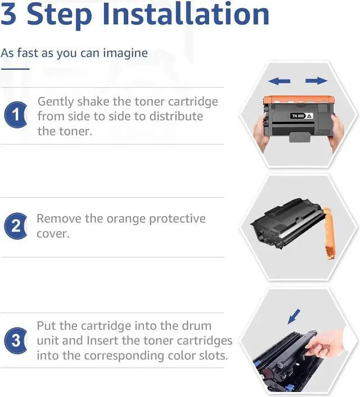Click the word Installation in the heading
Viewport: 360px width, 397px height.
pos(186,14)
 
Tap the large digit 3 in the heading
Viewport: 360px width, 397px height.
pos(8,14)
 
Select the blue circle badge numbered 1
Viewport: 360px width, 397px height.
pos(16,114)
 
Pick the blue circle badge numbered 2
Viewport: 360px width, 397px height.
pos(16,226)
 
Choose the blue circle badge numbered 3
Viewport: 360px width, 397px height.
pos(16,340)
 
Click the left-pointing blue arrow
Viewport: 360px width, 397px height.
pos(279,81)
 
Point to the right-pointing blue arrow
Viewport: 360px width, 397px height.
pos(317,81)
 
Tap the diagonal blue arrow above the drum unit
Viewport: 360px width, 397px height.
pos(294,316)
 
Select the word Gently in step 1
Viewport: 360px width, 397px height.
pos(55,102)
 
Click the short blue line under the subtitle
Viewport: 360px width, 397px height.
pos(15,69)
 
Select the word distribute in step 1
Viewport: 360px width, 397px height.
pos(176,117)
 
